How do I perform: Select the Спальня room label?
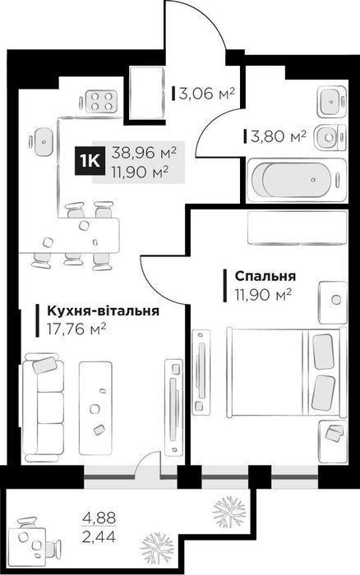pos(265,276)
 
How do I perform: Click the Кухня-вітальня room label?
pos(103,311)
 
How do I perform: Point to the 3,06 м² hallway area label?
pos(206,94)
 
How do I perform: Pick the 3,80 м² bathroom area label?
pos(279,137)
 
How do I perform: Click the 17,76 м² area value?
pos(76,329)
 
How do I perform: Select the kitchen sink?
pos(44,141)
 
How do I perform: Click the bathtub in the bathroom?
pos(297,180)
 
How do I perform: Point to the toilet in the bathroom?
pos(330,137)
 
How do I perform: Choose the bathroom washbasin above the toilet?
pos(331,102)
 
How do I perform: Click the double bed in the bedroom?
pos(287,371)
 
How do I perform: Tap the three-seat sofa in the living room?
pos(43,407)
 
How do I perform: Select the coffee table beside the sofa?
pos(96,408)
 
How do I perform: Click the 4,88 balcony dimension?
pos(99,518)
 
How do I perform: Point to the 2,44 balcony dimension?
pos(99,537)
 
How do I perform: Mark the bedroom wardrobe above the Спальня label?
pos(298,228)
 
